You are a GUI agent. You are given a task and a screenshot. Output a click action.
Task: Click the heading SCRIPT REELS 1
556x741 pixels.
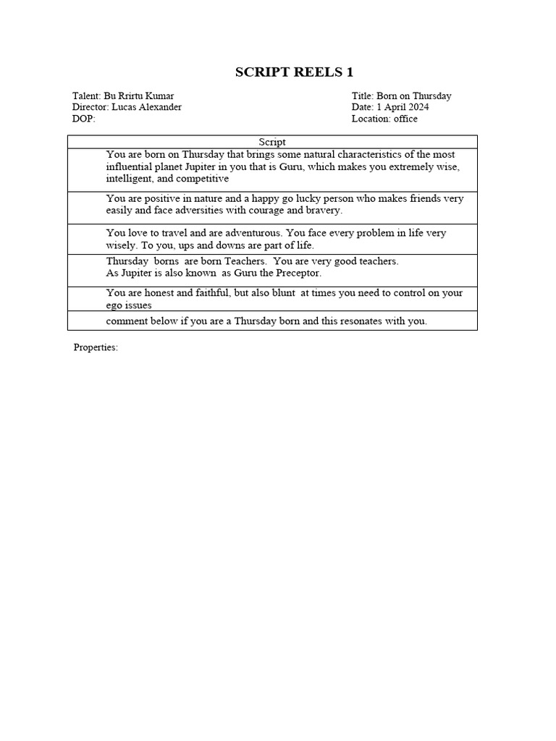click(x=294, y=72)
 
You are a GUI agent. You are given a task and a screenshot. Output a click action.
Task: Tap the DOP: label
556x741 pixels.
click(x=84, y=119)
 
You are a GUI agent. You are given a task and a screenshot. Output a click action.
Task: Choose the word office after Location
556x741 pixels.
click(x=405, y=119)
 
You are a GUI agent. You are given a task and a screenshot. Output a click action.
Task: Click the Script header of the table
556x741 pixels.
click(x=272, y=143)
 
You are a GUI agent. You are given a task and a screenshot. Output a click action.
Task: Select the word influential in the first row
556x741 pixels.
click(x=132, y=166)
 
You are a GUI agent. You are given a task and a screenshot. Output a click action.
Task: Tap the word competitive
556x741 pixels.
click(x=203, y=178)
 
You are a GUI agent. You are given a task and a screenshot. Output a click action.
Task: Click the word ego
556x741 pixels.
click(x=114, y=305)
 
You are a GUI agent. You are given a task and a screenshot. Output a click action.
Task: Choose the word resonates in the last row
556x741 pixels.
click(x=350, y=321)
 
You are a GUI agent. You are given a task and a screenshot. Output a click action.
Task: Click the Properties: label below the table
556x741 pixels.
click(x=96, y=348)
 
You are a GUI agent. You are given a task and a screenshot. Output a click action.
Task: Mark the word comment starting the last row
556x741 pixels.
click(x=127, y=321)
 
